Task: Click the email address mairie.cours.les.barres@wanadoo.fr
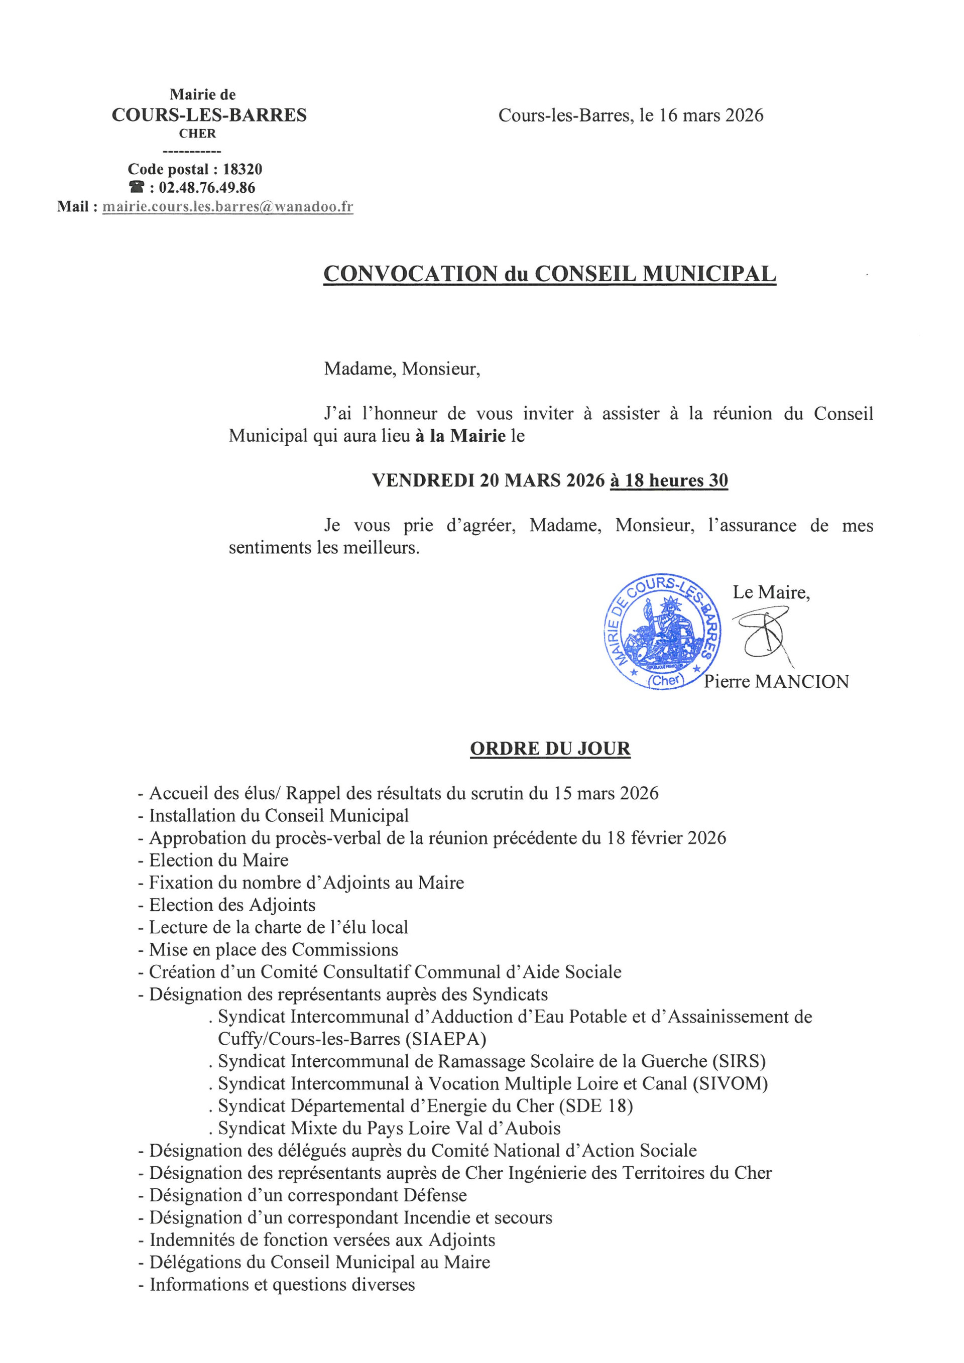point(227,207)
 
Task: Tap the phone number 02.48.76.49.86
point(206,188)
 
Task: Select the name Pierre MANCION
point(776,682)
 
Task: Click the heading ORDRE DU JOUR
point(550,749)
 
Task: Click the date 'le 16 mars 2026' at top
point(701,115)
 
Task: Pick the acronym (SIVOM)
point(730,1083)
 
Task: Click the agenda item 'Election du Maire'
point(218,860)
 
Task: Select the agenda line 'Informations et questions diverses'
point(282,1285)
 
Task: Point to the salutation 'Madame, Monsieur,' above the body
point(402,369)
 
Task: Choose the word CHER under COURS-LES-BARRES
point(198,134)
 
